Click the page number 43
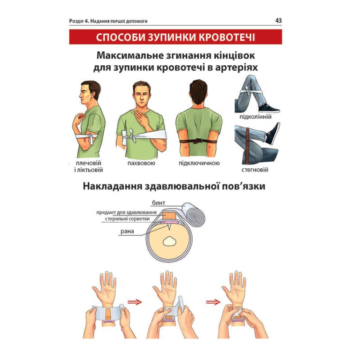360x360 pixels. pos(278,21)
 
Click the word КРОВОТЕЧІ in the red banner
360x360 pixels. pos(227,37)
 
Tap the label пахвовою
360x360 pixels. pos(141,163)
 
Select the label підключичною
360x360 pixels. pos(199,163)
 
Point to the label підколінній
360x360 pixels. pos(255,117)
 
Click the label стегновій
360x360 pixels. pos(255,170)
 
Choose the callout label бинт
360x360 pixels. pos(158,203)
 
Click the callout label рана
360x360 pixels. pos(127,231)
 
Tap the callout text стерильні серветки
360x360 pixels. pos(127,219)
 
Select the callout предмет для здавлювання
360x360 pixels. pos(126,212)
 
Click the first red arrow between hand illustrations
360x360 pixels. pos(135,302)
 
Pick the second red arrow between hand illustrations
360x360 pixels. pos(213,302)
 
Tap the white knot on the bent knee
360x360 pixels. pos(247,90)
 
